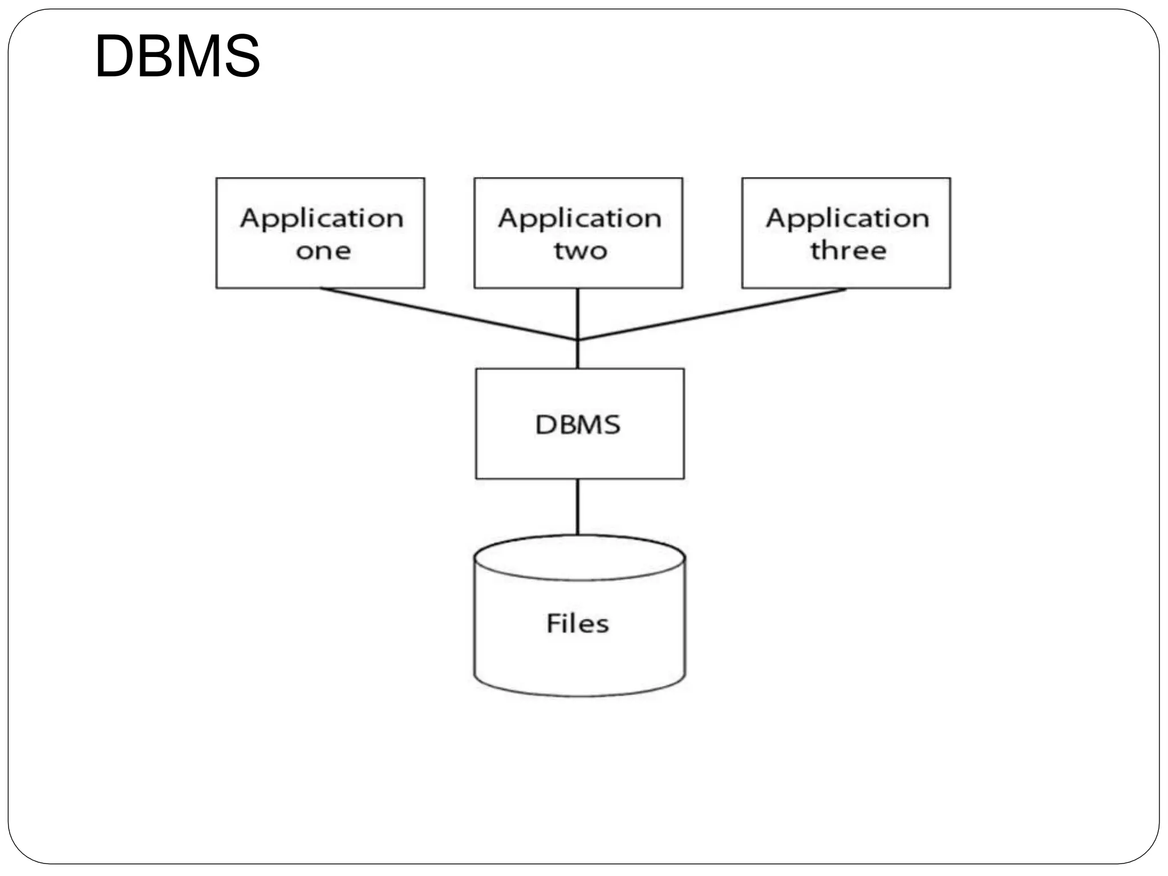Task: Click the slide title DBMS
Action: pyautogui.click(x=177, y=56)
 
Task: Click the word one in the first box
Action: pyautogui.click(x=323, y=251)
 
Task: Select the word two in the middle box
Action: pyautogui.click(x=580, y=251)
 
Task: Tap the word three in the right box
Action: pyautogui.click(x=848, y=250)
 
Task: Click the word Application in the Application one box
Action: pyautogui.click(x=321, y=219)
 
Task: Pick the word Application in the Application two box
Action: pyautogui.click(x=579, y=219)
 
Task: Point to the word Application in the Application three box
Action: pyautogui.click(x=847, y=219)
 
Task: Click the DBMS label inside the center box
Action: pyautogui.click(x=578, y=425)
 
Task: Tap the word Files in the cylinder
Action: pyautogui.click(x=578, y=623)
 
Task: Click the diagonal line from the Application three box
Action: pyautogui.click(x=713, y=314)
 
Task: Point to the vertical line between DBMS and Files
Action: pyautogui.click(x=578, y=506)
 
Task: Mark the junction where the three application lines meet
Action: pyautogui.click(x=578, y=340)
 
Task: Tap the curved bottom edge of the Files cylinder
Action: pyautogui.click(x=579, y=695)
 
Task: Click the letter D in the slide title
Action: pyautogui.click(x=114, y=56)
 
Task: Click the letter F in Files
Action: pyautogui.click(x=553, y=623)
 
